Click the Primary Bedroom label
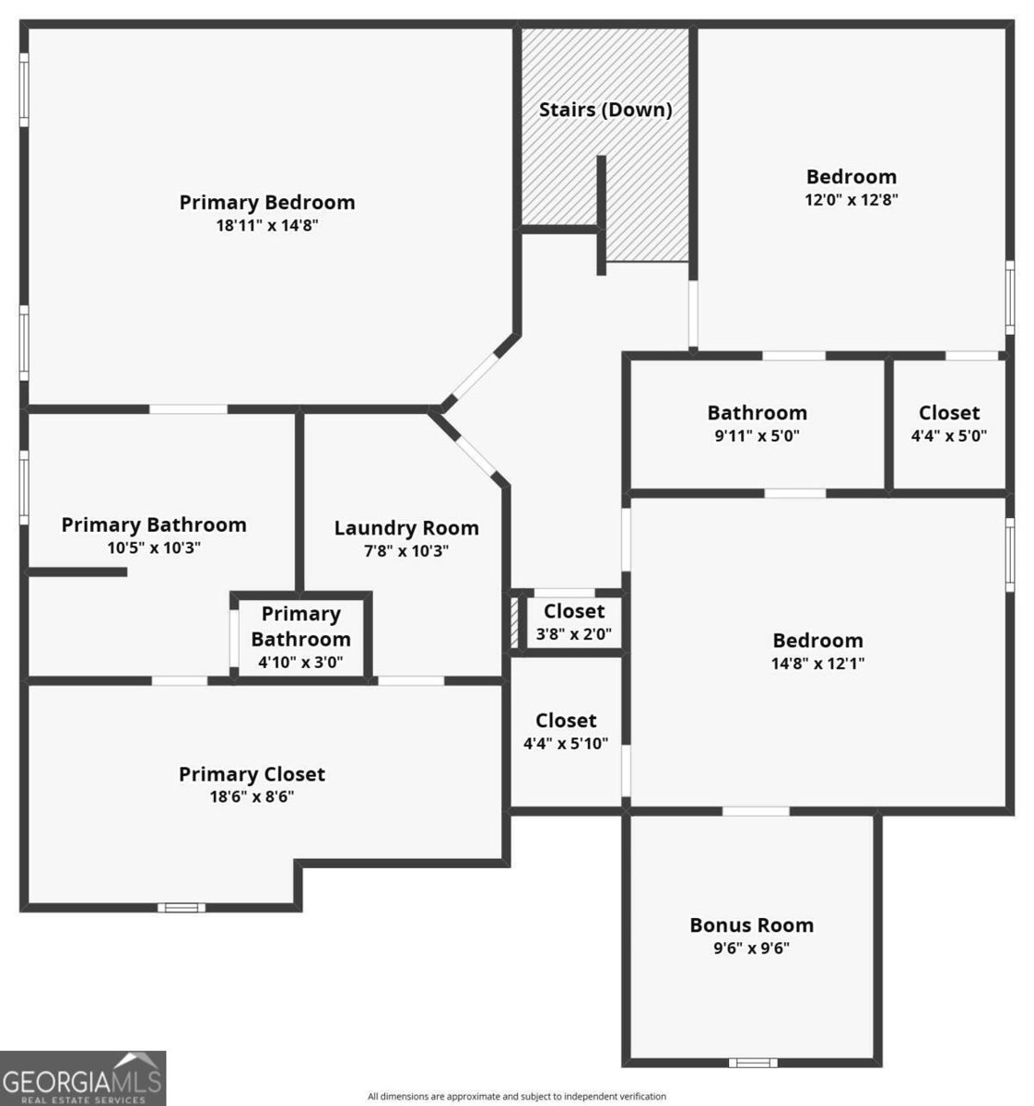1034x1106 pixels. click(267, 203)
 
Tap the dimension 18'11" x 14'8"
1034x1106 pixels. click(267, 226)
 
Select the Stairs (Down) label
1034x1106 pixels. click(605, 110)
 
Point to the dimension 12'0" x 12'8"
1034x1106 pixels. click(851, 199)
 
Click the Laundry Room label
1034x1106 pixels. click(406, 528)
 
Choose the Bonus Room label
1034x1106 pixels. click(752, 925)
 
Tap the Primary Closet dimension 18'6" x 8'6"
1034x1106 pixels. click(252, 796)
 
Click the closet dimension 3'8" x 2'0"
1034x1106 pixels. click(573, 634)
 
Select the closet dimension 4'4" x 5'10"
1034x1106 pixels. click(566, 743)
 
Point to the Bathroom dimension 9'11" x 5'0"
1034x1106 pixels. click(757, 436)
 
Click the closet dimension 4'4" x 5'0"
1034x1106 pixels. click(948, 436)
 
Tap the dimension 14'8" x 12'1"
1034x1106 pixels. click(817, 664)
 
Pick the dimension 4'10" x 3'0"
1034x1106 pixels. click(300, 662)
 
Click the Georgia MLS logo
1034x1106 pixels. click(83, 1078)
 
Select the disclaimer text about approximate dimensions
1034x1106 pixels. click(516, 1097)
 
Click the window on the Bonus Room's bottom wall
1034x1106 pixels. click(753, 1063)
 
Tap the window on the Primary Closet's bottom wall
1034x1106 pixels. click(182, 908)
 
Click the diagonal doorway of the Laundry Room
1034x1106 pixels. click(475, 455)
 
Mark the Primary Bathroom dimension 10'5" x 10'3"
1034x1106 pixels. click(154, 548)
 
